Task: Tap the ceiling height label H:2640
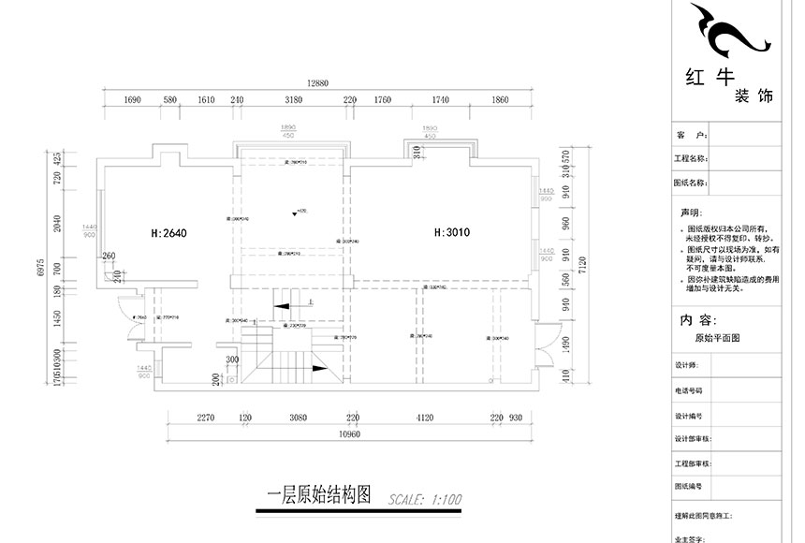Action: (x=169, y=231)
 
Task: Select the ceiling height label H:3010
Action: (x=450, y=230)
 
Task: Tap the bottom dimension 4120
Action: (x=427, y=418)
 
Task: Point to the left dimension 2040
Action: (x=57, y=223)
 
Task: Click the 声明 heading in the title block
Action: (x=689, y=213)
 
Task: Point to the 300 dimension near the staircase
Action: (x=231, y=359)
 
